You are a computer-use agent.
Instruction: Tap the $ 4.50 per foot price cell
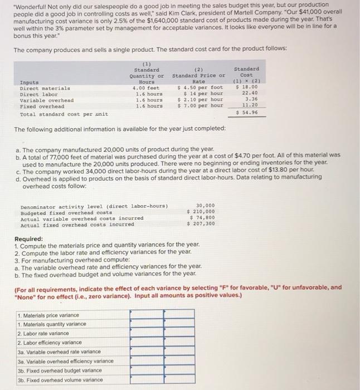click(x=200, y=87)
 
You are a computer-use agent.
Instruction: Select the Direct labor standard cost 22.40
click(x=249, y=94)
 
